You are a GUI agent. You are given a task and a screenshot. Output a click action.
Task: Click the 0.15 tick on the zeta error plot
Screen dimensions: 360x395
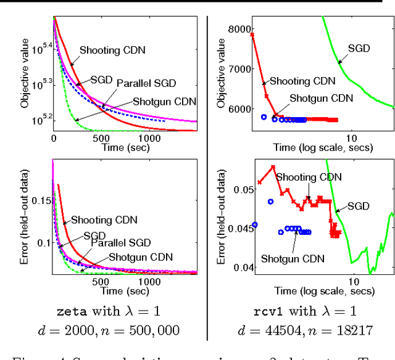tap(40, 201)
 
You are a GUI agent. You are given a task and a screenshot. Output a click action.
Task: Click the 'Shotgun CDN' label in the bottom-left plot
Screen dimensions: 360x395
tap(140, 256)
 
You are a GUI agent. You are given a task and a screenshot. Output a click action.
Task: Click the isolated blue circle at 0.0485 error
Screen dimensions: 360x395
tap(270, 202)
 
